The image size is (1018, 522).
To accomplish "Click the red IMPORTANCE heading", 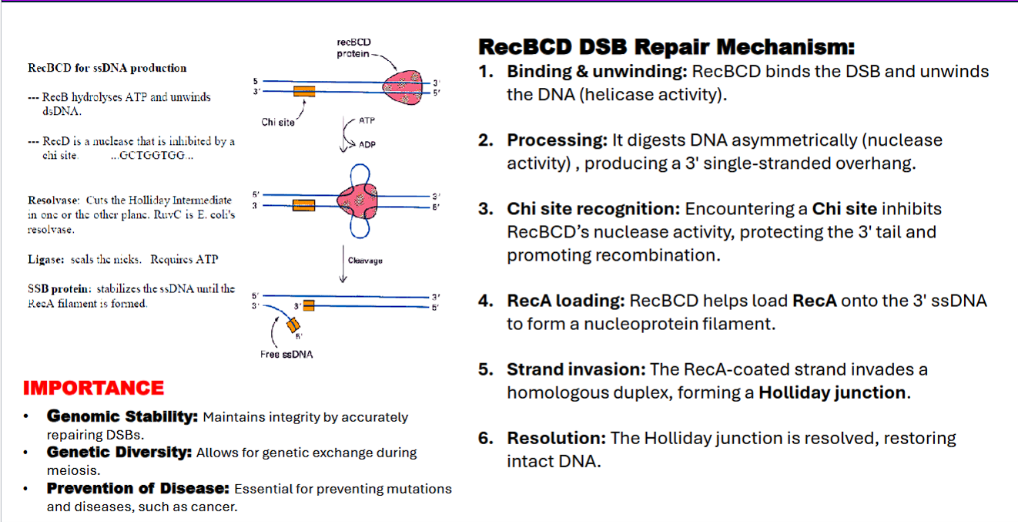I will click(93, 388).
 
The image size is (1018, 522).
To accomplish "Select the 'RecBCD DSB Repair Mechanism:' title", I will click(666, 47).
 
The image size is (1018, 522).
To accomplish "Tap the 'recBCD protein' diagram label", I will click(353, 48).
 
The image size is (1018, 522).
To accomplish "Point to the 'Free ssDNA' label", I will click(286, 355).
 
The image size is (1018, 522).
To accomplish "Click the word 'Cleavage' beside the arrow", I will click(365, 261).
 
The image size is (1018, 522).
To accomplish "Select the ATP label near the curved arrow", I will click(367, 122).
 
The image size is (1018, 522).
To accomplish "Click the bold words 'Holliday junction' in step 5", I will click(832, 392).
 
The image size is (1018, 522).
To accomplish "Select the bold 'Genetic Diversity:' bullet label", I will click(119, 453).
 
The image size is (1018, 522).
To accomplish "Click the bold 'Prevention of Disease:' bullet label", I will click(139, 489).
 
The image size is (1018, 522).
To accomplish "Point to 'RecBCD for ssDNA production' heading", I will click(107, 68).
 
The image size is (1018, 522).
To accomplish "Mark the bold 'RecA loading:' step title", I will click(566, 301).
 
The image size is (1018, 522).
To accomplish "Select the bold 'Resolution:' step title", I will click(556, 439).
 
